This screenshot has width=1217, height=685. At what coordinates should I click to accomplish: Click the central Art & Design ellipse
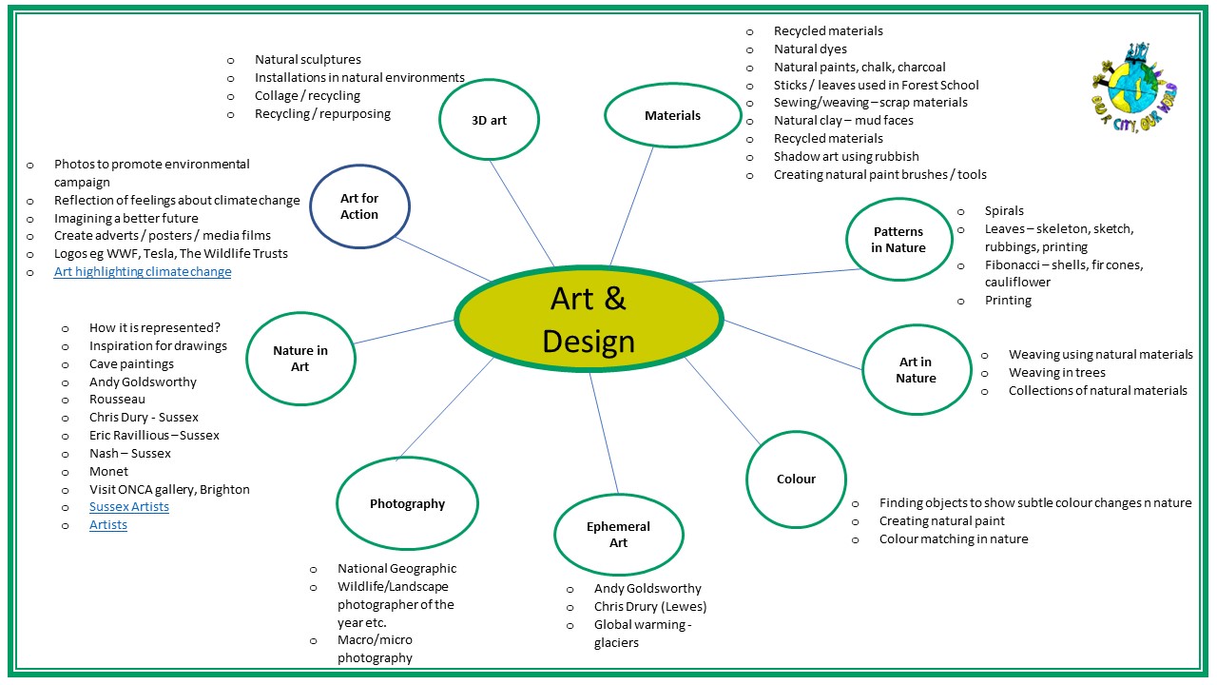[589, 319]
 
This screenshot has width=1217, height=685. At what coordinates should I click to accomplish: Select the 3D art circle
[490, 120]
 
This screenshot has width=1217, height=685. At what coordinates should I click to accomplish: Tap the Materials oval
[672, 115]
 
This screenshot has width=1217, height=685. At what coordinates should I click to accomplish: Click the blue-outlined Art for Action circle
[359, 206]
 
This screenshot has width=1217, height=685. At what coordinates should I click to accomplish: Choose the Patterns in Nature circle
[898, 240]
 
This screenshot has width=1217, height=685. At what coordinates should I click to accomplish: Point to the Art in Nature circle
[916, 369]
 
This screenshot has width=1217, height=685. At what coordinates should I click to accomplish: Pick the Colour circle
[796, 479]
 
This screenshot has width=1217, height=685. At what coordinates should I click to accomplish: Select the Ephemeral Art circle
[618, 534]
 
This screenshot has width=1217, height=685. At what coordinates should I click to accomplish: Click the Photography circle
[407, 503]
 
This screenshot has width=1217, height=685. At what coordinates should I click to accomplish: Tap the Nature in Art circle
[300, 358]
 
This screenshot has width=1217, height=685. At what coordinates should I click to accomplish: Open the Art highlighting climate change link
[143, 272]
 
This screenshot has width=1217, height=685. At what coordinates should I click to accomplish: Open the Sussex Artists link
[129, 507]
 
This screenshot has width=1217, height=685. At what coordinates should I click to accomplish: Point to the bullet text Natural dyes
[810, 49]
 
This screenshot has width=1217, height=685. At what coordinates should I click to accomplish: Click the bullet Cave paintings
[131, 364]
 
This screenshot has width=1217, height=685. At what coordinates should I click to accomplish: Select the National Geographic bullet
[396, 569]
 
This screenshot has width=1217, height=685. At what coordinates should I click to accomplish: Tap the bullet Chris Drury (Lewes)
[650, 607]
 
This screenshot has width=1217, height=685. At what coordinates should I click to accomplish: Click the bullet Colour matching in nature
[953, 539]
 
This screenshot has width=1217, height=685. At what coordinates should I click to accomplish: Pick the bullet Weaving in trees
[1056, 373]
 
